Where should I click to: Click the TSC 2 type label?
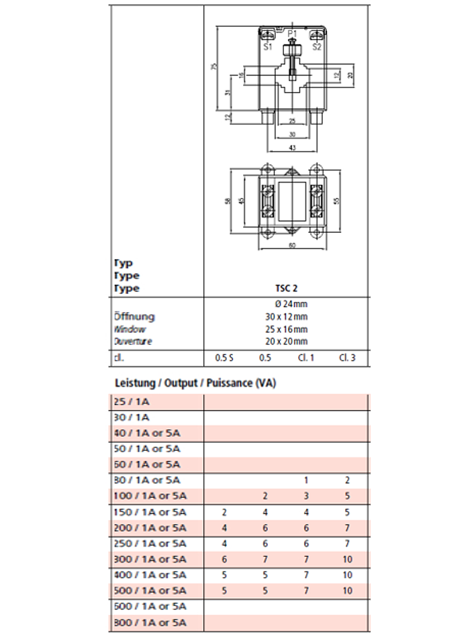(x=286, y=288)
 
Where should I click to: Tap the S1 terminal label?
(x=267, y=47)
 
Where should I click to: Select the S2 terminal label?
(x=317, y=47)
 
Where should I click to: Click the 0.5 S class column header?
(x=224, y=358)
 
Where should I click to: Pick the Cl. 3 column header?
(x=347, y=358)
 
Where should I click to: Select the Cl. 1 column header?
(x=306, y=358)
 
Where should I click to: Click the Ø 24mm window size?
(x=286, y=304)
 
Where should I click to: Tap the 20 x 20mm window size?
(x=286, y=341)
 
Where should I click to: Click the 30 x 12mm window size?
(x=286, y=317)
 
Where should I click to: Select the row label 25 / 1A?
(x=129, y=401)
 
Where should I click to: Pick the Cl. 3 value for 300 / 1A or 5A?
(x=347, y=559)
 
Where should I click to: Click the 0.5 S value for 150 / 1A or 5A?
(x=224, y=512)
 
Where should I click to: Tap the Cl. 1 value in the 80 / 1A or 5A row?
(x=306, y=480)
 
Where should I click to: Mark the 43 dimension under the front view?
(x=292, y=148)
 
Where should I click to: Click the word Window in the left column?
(x=129, y=329)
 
